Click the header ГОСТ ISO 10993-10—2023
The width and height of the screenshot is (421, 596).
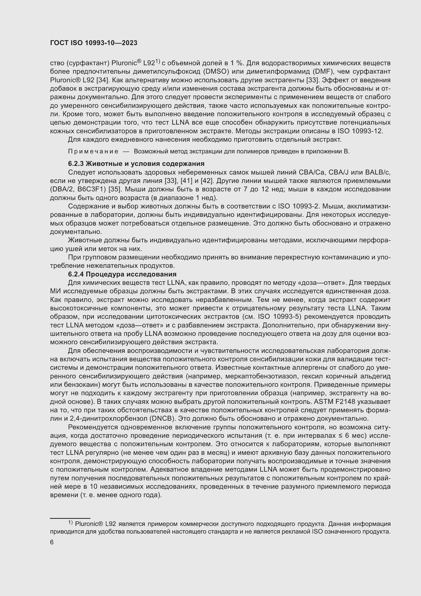coord(94,43)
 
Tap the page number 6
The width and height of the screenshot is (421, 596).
coord(52,542)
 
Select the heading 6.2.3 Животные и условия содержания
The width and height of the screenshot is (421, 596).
coord(136,164)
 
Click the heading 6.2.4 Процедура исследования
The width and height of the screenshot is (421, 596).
coord(122,274)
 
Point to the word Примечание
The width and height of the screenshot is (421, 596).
coord(93,152)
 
